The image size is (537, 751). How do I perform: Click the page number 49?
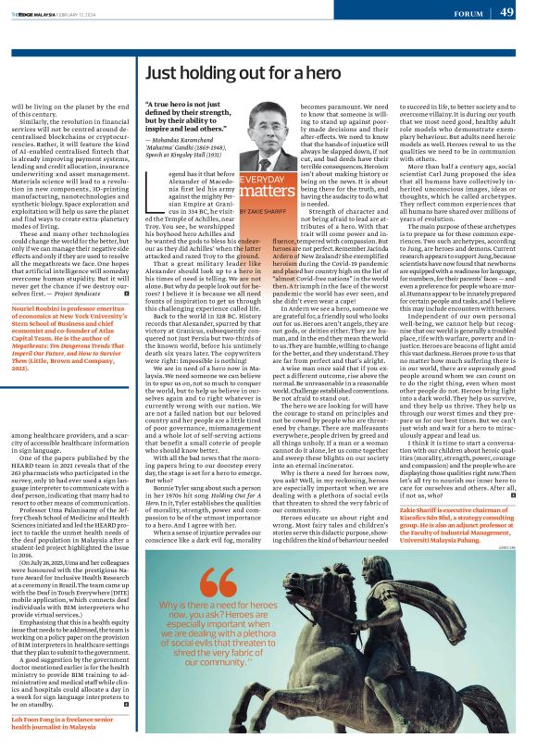click(507, 12)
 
